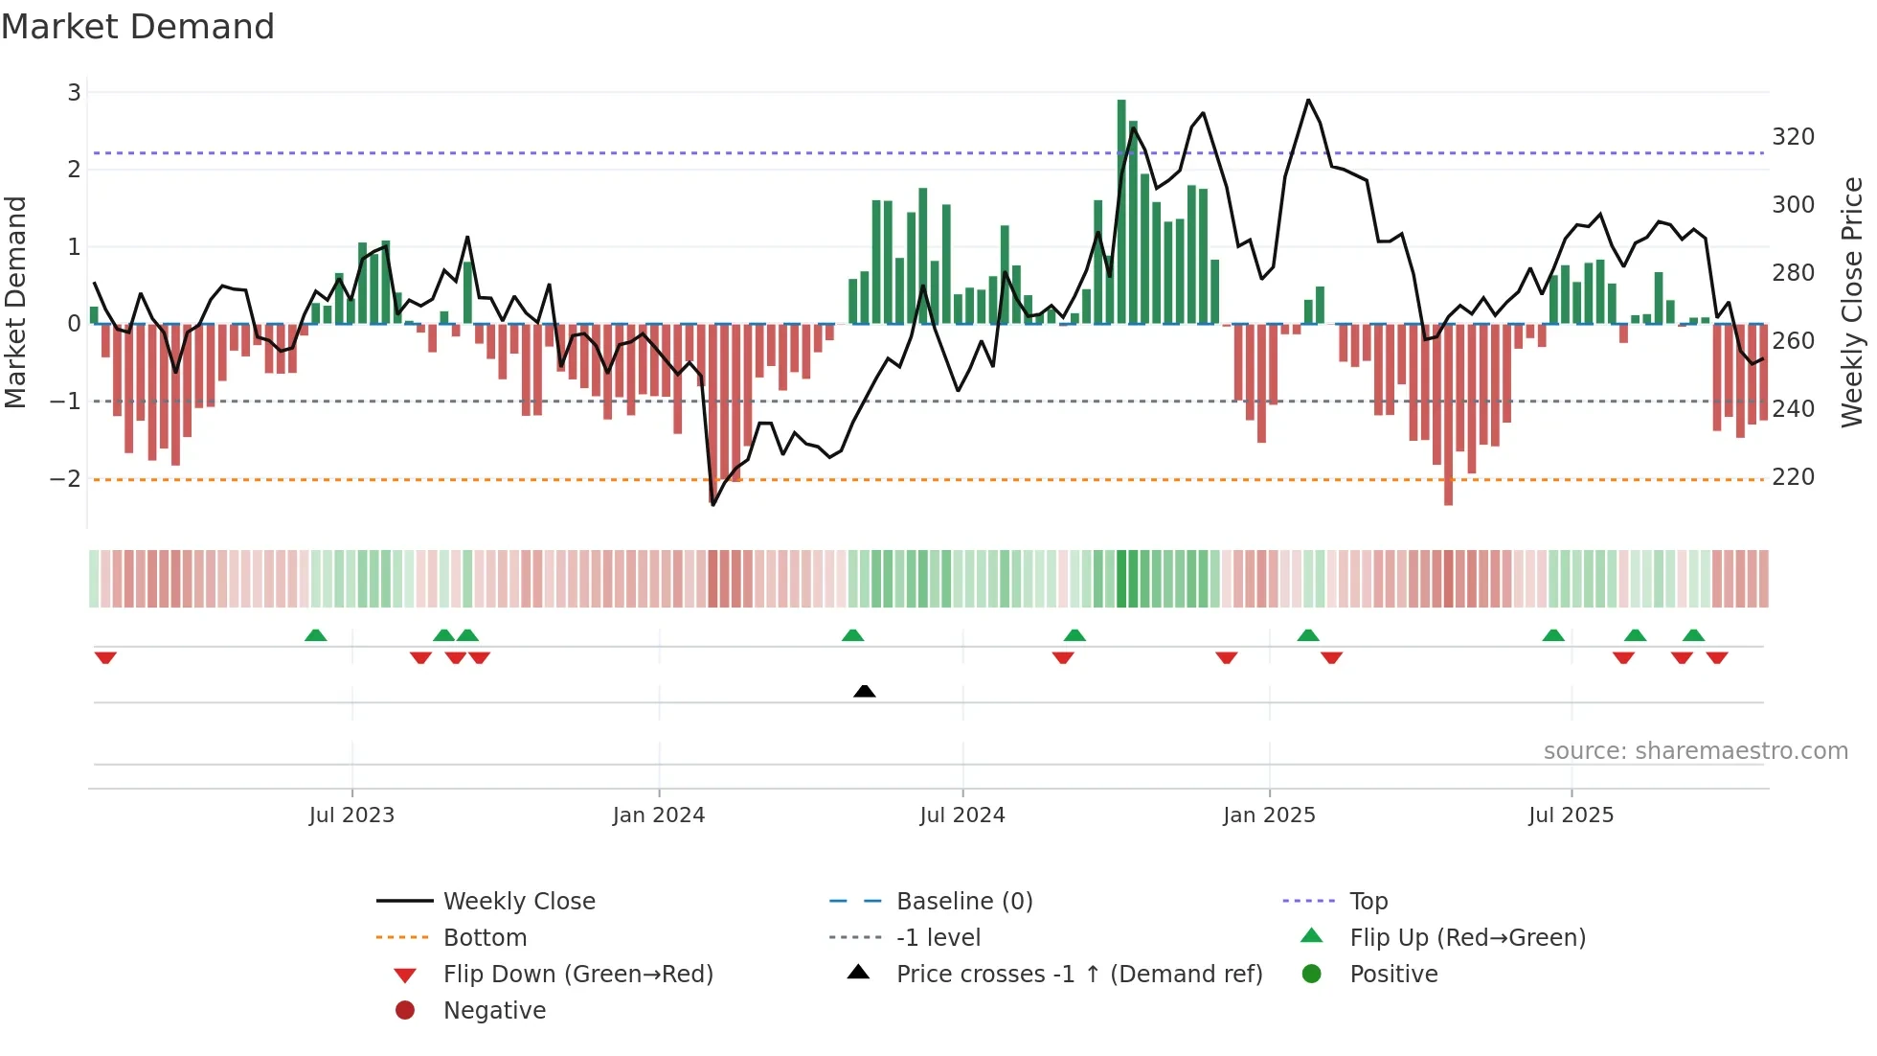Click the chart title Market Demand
[x=138, y=27]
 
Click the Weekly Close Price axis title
[x=1852, y=302]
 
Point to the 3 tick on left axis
[x=74, y=93]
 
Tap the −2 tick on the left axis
[x=65, y=478]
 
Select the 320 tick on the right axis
[x=1793, y=137]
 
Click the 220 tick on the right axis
[x=1793, y=477]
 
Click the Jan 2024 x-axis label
[x=659, y=815]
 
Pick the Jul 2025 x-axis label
[x=1571, y=815]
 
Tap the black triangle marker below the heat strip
[x=864, y=691]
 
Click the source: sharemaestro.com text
[x=1695, y=751]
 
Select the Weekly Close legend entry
[x=518, y=902]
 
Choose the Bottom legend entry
[x=485, y=938]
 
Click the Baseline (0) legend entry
[x=963, y=902]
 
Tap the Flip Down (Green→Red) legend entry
[x=577, y=975]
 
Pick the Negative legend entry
[x=494, y=1011]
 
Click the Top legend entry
[x=1368, y=902]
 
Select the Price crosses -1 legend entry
[x=1078, y=975]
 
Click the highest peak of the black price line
[x=1308, y=100]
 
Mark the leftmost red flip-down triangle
[x=105, y=657]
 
